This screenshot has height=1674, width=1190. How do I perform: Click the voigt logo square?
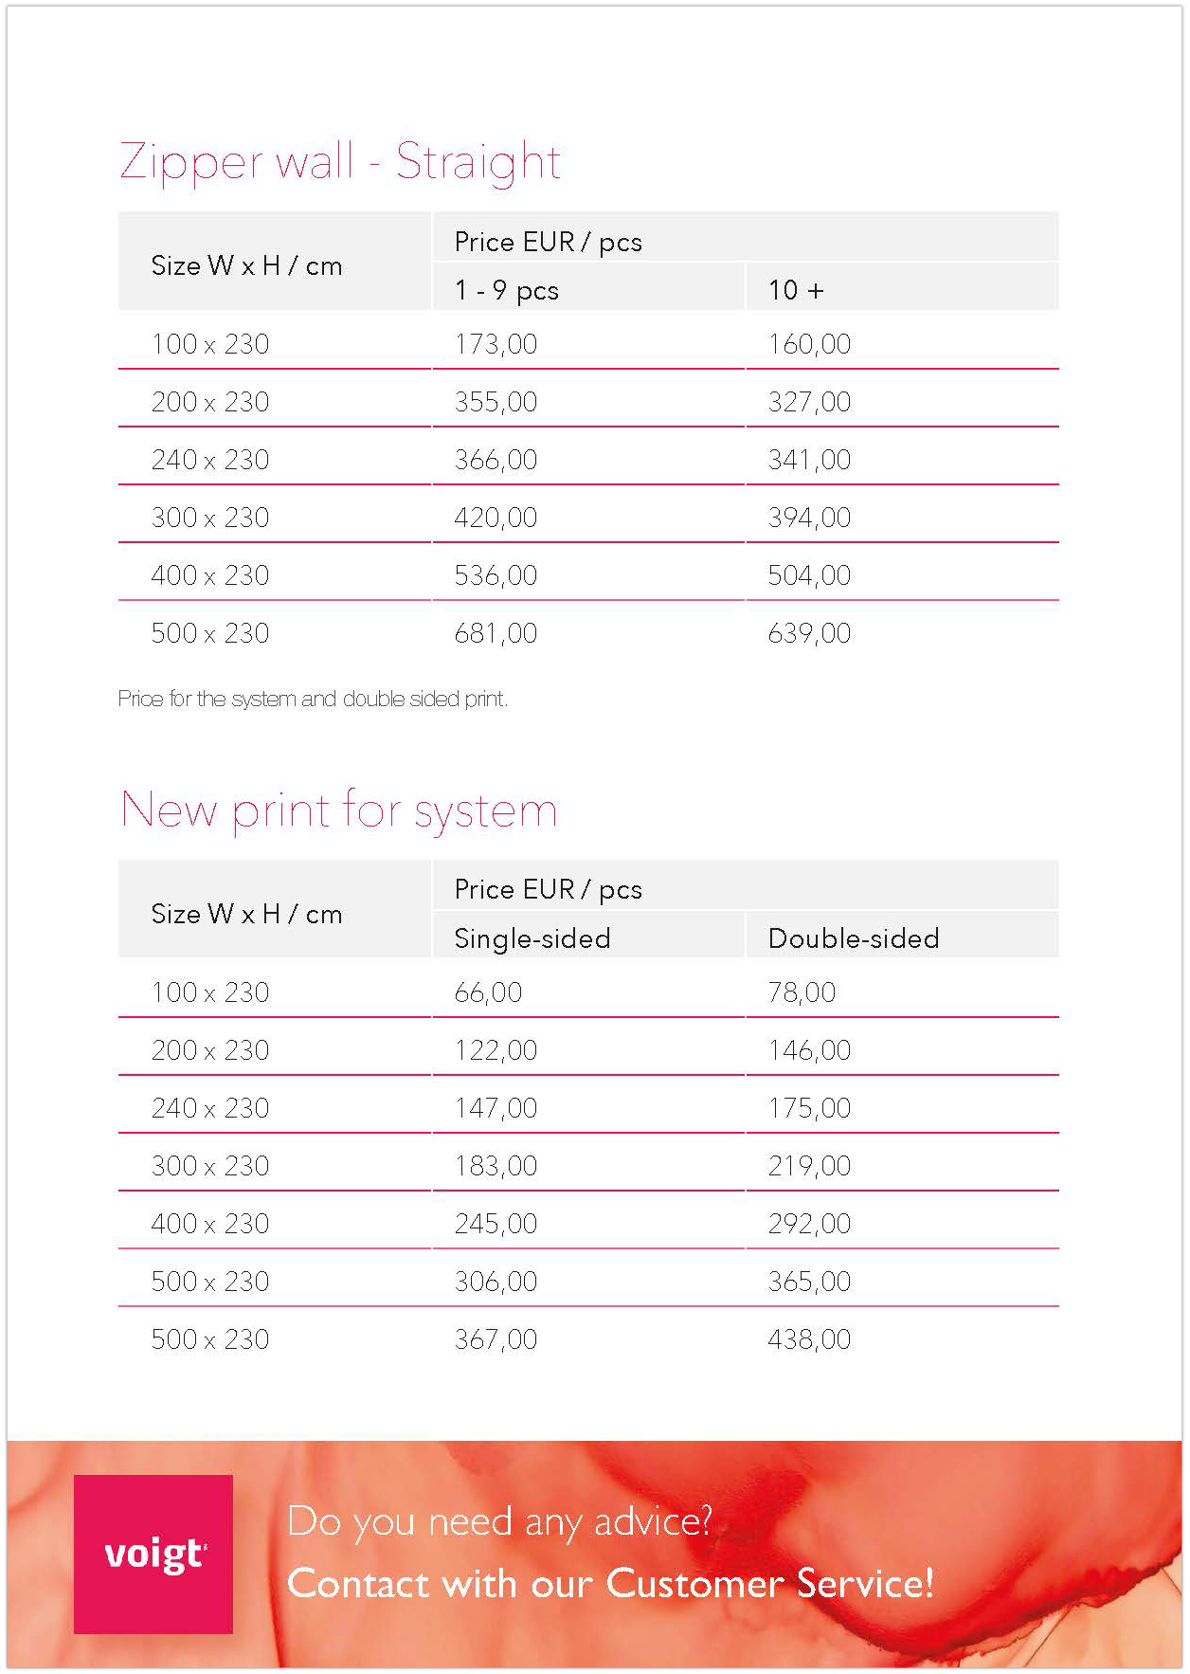pyautogui.click(x=153, y=1554)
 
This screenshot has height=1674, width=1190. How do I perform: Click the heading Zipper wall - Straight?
pyautogui.click(x=340, y=162)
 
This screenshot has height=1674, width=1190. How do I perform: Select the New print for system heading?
pyautogui.click(x=339, y=810)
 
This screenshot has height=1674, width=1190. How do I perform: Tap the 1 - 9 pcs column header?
pyautogui.click(x=507, y=290)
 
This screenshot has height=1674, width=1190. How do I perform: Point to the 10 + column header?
pyautogui.click(x=796, y=290)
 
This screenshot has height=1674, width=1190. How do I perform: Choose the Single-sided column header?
pyautogui.click(x=532, y=938)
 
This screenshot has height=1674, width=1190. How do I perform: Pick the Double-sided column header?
pyautogui.click(x=854, y=938)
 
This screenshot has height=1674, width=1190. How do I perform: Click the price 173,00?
pyautogui.click(x=496, y=344)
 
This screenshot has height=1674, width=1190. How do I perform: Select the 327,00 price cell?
pyautogui.click(x=809, y=402)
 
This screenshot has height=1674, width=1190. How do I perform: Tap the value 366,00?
pyautogui.click(x=496, y=460)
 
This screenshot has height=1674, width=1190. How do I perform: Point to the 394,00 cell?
pyautogui.click(x=809, y=518)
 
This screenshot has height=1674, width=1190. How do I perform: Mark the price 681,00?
pyautogui.click(x=496, y=633)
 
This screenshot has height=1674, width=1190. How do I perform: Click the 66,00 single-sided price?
pyautogui.click(x=488, y=992)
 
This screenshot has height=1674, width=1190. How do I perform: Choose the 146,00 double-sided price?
pyautogui.click(x=809, y=1050)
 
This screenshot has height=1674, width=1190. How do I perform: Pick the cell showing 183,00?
pyautogui.click(x=496, y=1166)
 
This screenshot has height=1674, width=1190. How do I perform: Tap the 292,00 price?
pyautogui.click(x=809, y=1224)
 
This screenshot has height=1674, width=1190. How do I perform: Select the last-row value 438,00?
pyautogui.click(x=809, y=1339)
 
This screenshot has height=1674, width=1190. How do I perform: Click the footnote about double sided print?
pyautogui.click(x=313, y=700)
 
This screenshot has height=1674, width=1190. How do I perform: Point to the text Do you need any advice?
pyautogui.click(x=499, y=1521)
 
